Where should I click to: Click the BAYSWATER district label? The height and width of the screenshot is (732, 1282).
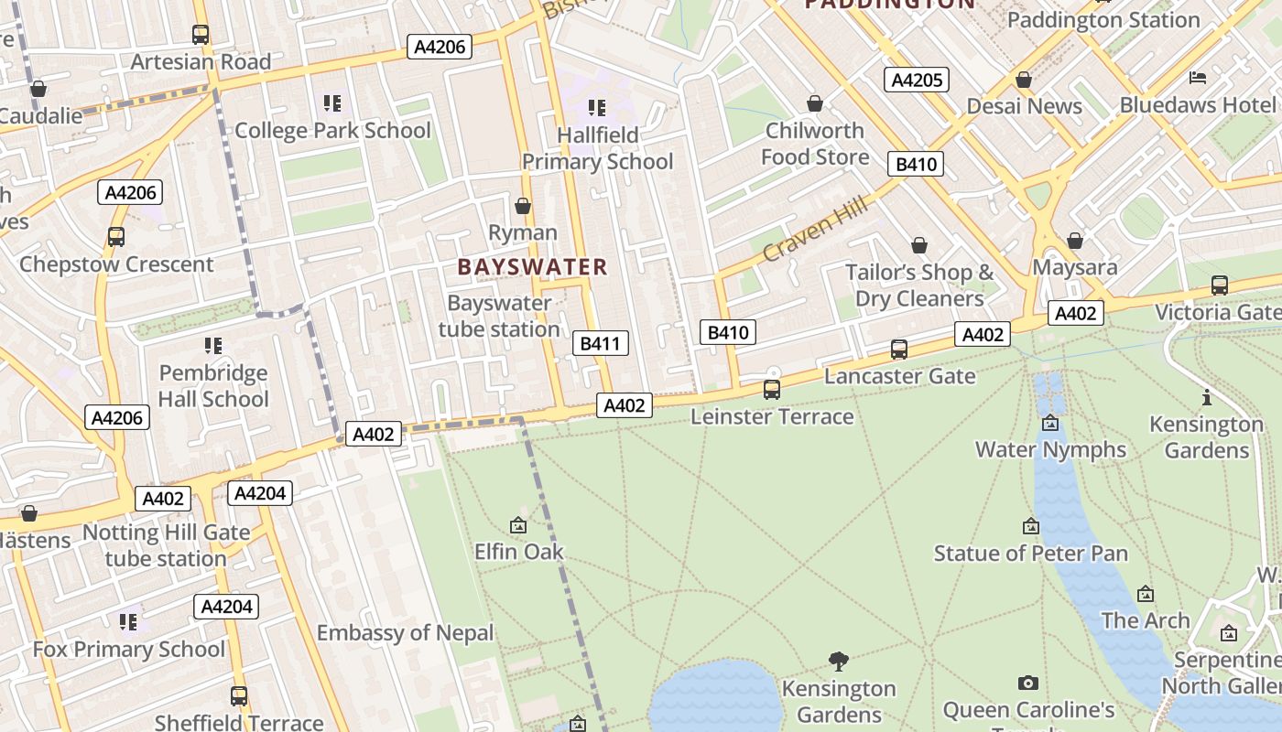(x=532, y=267)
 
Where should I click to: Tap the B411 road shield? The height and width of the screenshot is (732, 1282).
(x=601, y=344)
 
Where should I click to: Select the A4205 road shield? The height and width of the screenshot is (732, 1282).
(x=917, y=80)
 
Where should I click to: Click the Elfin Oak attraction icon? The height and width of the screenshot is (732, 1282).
(x=518, y=525)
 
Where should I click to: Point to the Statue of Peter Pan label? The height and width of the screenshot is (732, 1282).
(x=1030, y=554)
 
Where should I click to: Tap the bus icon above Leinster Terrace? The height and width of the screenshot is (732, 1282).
(x=772, y=390)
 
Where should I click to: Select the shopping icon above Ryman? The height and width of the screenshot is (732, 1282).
(x=523, y=206)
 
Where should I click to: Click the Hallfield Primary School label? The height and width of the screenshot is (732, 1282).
(x=597, y=148)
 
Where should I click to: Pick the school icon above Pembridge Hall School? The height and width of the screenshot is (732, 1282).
(x=213, y=346)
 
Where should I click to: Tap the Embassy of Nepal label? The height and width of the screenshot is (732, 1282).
(x=405, y=633)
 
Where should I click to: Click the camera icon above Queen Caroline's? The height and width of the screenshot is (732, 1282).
(x=1028, y=683)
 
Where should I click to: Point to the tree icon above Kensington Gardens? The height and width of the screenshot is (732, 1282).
(x=839, y=661)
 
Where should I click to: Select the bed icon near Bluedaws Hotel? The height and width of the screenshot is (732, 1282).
(x=1198, y=78)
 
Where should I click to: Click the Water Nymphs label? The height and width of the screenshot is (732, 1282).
(x=1050, y=449)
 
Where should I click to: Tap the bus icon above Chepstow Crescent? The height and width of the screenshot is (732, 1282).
(x=116, y=237)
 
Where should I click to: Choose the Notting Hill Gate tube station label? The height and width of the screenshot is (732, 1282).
(x=166, y=545)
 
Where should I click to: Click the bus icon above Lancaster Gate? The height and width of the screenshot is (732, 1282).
(x=899, y=350)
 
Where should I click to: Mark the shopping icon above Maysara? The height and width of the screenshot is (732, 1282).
(x=1075, y=241)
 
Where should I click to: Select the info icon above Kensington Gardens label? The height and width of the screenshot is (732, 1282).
(x=1207, y=397)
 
